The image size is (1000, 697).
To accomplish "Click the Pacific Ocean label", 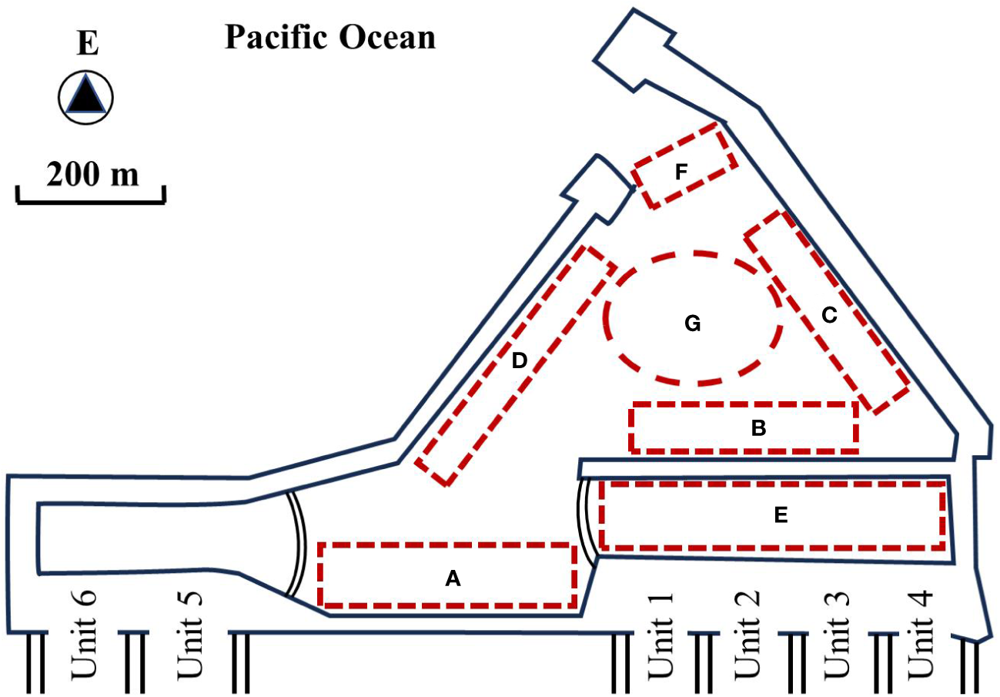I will click(330, 36).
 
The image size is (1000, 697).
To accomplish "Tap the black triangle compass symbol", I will click(86, 98).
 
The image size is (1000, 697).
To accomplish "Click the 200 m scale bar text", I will click(92, 173).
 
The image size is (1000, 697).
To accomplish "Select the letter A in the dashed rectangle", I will click(453, 578).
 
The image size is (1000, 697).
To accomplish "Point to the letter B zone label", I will click(758, 429).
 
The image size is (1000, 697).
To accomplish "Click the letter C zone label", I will click(828, 315).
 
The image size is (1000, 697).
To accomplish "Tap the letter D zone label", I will click(520, 360).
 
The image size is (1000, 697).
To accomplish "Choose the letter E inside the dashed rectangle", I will click(781, 516).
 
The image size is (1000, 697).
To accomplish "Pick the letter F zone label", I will click(681, 173).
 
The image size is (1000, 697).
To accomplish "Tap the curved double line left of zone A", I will click(299, 543).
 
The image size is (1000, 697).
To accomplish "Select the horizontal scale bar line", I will click(90, 201).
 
